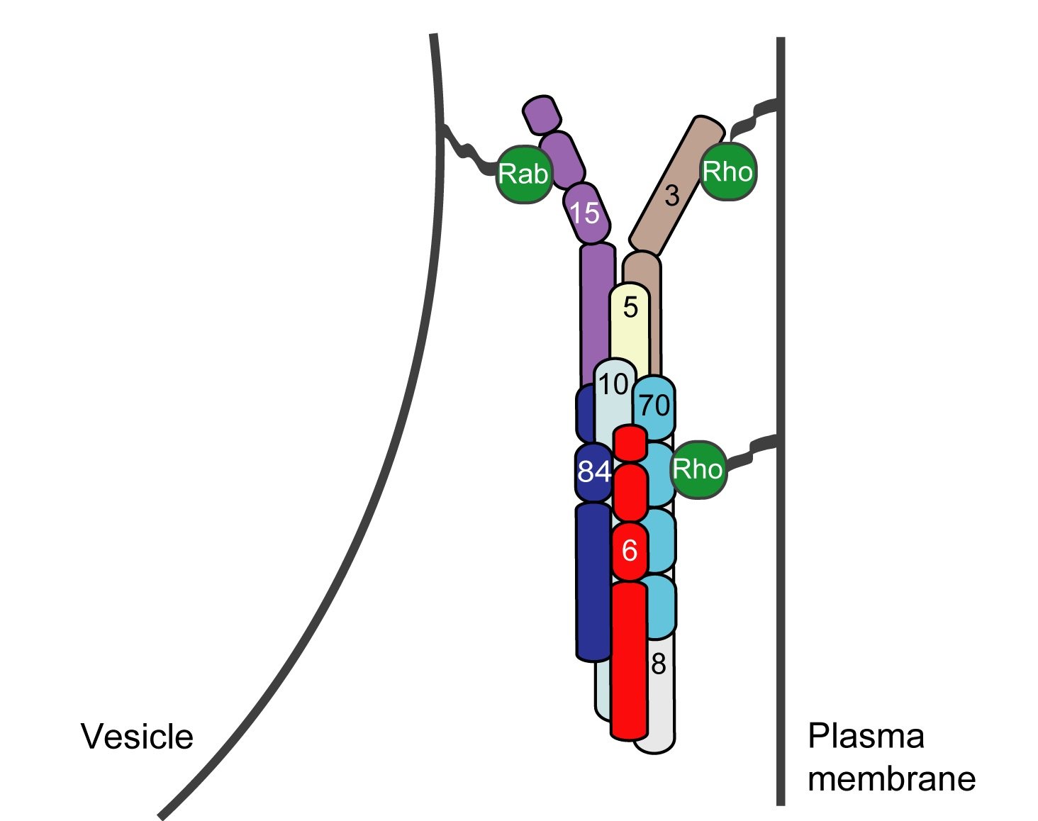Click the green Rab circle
point(523,174)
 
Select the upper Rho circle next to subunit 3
point(727,172)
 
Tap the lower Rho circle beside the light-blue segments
point(698,469)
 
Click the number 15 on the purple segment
point(586,213)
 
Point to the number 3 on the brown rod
point(672,196)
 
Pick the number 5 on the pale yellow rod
point(630,308)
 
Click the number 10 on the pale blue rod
point(613,385)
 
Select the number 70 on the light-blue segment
point(654,406)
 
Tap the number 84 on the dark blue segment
point(593,471)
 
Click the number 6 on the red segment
point(630,550)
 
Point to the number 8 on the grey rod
point(659,664)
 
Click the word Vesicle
point(137,737)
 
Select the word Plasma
point(866,737)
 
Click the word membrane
point(891,778)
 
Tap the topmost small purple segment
point(542,113)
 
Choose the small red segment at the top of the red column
point(630,443)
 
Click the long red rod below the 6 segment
point(629,659)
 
